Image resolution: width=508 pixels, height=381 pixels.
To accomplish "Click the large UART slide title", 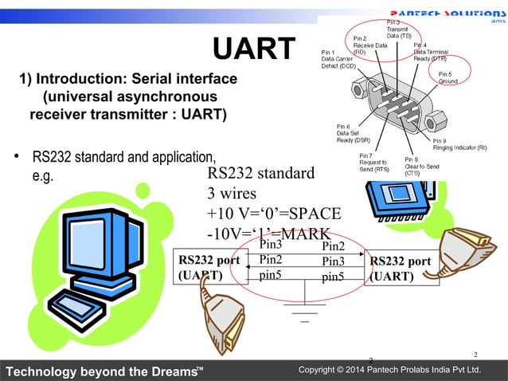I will tap(253, 49).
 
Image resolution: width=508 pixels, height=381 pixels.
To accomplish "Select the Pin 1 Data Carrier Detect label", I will tap(338, 59).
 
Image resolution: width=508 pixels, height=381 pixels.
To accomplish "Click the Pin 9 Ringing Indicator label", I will tap(459, 144).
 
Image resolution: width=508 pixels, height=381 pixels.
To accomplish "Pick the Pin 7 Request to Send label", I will tap(374, 163).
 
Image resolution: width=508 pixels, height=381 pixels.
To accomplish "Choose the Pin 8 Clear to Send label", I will tap(421, 167).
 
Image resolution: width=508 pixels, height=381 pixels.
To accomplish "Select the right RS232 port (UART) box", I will tap(400, 269).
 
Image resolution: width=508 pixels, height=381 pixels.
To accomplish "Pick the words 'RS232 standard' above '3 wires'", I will tap(260, 174).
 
